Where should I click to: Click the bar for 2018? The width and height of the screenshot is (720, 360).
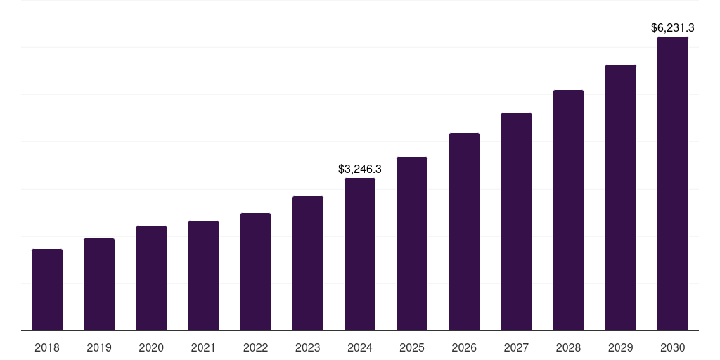tap(47, 290)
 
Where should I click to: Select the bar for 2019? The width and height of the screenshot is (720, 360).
tap(99, 285)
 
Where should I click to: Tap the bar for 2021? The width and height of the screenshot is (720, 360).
tap(203, 276)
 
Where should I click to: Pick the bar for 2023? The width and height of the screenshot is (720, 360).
tap(308, 264)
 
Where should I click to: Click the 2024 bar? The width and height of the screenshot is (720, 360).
tap(360, 255)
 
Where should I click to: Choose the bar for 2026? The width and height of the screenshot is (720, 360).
tap(464, 232)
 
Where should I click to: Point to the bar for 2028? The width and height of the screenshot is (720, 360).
tap(568, 210)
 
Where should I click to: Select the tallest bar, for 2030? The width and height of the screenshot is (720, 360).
tap(673, 184)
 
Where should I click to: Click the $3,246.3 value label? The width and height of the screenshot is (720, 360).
tap(360, 169)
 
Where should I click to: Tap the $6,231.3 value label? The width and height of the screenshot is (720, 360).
tap(673, 28)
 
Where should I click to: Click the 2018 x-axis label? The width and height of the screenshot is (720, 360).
tap(47, 347)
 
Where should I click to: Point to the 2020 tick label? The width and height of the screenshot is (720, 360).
tap(151, 347)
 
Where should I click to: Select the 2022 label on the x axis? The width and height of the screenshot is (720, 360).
tap(255, 347)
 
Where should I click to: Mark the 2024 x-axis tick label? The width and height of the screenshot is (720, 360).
tap(360, 347)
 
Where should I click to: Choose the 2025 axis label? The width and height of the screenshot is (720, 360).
tap(412, 347)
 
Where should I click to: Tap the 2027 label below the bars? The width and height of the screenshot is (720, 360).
tap(516, 347)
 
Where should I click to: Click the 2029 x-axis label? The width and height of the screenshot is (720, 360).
tap(621, 347)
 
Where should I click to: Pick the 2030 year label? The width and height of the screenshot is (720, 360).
tap(673, 347)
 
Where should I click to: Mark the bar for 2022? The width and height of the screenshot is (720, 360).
tap(255, 272)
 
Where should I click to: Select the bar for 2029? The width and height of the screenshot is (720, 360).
tap(621, 198)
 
